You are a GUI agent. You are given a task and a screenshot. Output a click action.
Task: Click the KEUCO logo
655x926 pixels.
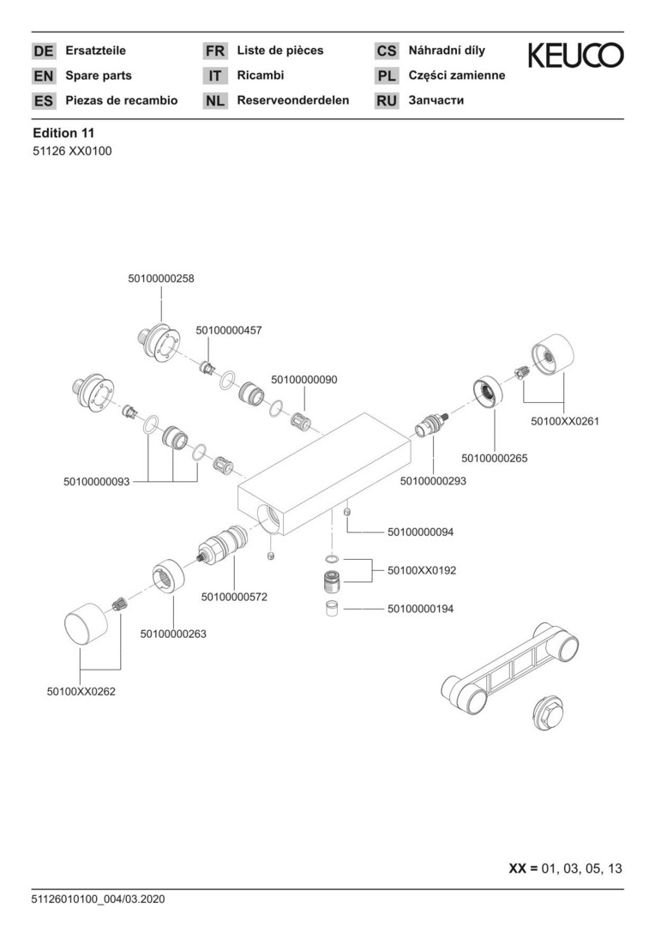[x=575, y=56]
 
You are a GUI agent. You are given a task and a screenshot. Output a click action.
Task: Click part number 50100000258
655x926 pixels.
[x=160, y=279]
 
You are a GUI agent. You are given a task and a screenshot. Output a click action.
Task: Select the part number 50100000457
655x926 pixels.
[x=229, y=330]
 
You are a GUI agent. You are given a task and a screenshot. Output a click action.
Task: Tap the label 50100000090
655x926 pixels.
[x=304, y=378]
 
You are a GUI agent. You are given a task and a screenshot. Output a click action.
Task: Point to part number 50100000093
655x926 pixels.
[x=96, y=482]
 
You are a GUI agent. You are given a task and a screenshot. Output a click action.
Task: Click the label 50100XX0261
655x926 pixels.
[x=565, y=421]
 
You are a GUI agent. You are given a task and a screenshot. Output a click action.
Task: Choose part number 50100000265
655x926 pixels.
[x=494, y=458]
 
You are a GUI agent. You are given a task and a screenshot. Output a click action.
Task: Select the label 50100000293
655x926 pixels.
[x=433, y=482]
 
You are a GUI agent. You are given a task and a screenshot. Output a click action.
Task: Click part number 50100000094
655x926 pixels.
[x=420, y=532]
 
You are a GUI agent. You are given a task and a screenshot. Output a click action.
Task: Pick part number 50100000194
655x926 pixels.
[x=420, y=609]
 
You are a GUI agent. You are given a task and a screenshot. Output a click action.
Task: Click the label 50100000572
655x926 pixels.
[x=234, y=596]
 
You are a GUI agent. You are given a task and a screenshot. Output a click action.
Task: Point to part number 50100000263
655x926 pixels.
[x=173, y=634]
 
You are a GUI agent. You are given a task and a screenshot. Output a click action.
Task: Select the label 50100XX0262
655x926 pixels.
[x=81, y=690]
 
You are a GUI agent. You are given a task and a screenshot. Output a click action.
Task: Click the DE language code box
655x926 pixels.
[x=43, y=51]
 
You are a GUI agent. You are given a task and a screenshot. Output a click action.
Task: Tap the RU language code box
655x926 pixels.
[x=387, y=101]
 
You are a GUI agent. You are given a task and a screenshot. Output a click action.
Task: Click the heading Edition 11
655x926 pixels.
[x=63, y=133]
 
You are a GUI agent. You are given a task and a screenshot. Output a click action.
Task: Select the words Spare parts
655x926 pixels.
[x=99, y=75]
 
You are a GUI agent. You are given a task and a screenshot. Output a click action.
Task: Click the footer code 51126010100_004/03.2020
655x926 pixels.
[x=99, y=899]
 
